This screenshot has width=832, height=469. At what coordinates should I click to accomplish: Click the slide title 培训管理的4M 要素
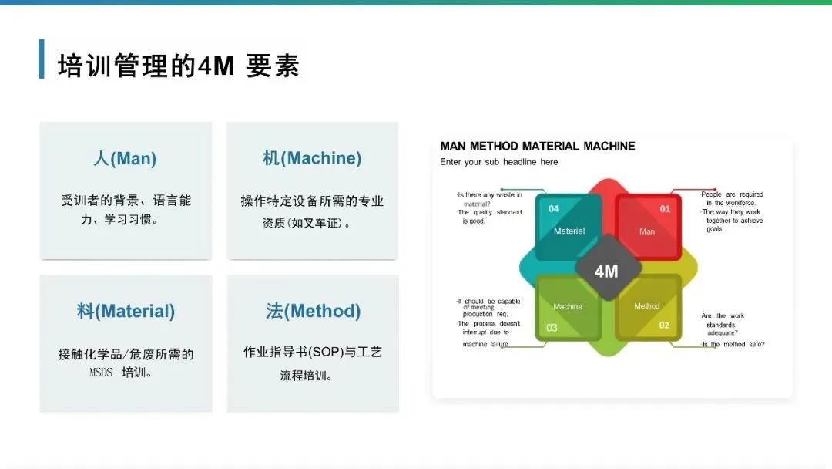coord(178,66)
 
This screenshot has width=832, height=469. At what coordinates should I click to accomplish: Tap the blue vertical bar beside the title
coord(42,59)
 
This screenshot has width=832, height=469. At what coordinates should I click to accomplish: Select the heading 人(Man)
coord(125,159)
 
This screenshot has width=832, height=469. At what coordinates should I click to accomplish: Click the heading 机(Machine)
coord(312,159)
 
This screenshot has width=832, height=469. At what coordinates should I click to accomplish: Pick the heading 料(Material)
coord(126,312)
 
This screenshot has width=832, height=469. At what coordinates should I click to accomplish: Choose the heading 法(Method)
coord(313,312)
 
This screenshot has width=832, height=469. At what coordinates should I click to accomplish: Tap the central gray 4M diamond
coord(607,271)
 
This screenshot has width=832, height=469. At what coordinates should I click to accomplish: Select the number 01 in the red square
coord(665,209)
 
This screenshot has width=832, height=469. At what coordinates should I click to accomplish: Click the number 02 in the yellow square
coord(664,326)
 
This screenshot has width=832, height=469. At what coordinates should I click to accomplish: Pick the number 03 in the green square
coord(552,328)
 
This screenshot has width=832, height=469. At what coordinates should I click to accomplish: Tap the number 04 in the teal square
coord(553,209)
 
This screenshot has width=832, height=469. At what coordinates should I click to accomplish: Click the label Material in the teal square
coord(569,231)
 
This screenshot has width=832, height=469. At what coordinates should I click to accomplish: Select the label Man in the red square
coord(647,231)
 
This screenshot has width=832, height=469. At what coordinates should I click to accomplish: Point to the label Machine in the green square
coord(568,306)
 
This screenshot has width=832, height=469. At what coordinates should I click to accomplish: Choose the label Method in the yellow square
coord(647,306)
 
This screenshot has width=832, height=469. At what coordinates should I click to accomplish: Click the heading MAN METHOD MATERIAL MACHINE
coord(538,146)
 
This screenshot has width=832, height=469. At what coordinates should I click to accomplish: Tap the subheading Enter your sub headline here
coord(498,162)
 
